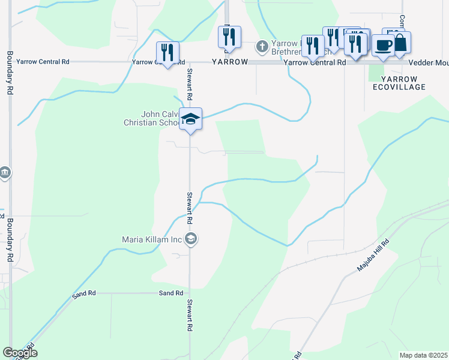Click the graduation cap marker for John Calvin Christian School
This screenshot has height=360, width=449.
pos(190,119)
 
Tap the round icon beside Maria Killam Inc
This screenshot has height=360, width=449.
pos(191,239)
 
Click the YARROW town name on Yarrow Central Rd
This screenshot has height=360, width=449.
pos(229,62)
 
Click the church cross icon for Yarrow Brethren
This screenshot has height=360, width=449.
pos(261,46)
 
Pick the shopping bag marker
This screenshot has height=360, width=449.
pos(399,43)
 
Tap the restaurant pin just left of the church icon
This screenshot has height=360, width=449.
pos(229,37)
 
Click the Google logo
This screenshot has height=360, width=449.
pos(20,353)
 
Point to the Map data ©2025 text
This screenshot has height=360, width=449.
pos(423,355)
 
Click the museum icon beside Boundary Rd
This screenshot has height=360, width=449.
pos(5,173)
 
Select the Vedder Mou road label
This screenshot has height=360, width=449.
pos(429,62)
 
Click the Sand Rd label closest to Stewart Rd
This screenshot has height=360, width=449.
pos(170,293)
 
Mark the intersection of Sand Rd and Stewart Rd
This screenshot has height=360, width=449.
pos(190,293)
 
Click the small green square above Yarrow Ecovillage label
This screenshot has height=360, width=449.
pos(376,72)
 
